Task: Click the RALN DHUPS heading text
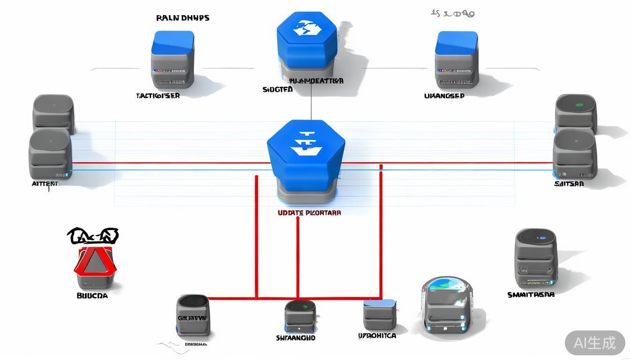[x=182, y=18]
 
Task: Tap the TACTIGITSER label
[x=158, y=96]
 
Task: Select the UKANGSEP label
[x=444, y=96]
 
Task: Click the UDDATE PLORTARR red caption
[x=309, y=213]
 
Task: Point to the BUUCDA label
[x=92, y=296]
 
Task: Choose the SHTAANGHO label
[x=295, y=337]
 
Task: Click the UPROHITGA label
[x=377, y=336]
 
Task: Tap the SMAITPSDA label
[x=531, y=295]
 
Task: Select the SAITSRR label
[x=569, y=184]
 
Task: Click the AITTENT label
[x=45, y=184]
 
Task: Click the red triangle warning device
[x=95, y=262]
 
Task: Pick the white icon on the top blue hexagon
[x=307, y=29]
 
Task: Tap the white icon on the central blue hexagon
[x=306, y=143]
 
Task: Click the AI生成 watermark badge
[x=594, y=343]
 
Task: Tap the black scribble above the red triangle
[x=93, y=236]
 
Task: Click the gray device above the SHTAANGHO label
[x=300, y=316]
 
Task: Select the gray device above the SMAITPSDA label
[x=535, y=259]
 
